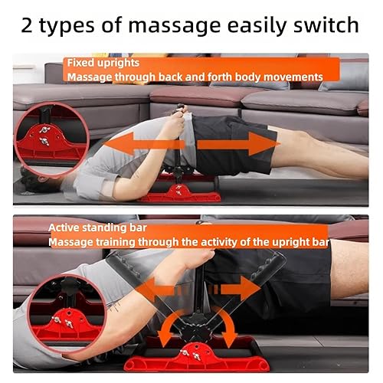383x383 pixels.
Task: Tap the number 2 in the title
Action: coord(33,25)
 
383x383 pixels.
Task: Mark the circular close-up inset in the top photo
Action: coord(49,140)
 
